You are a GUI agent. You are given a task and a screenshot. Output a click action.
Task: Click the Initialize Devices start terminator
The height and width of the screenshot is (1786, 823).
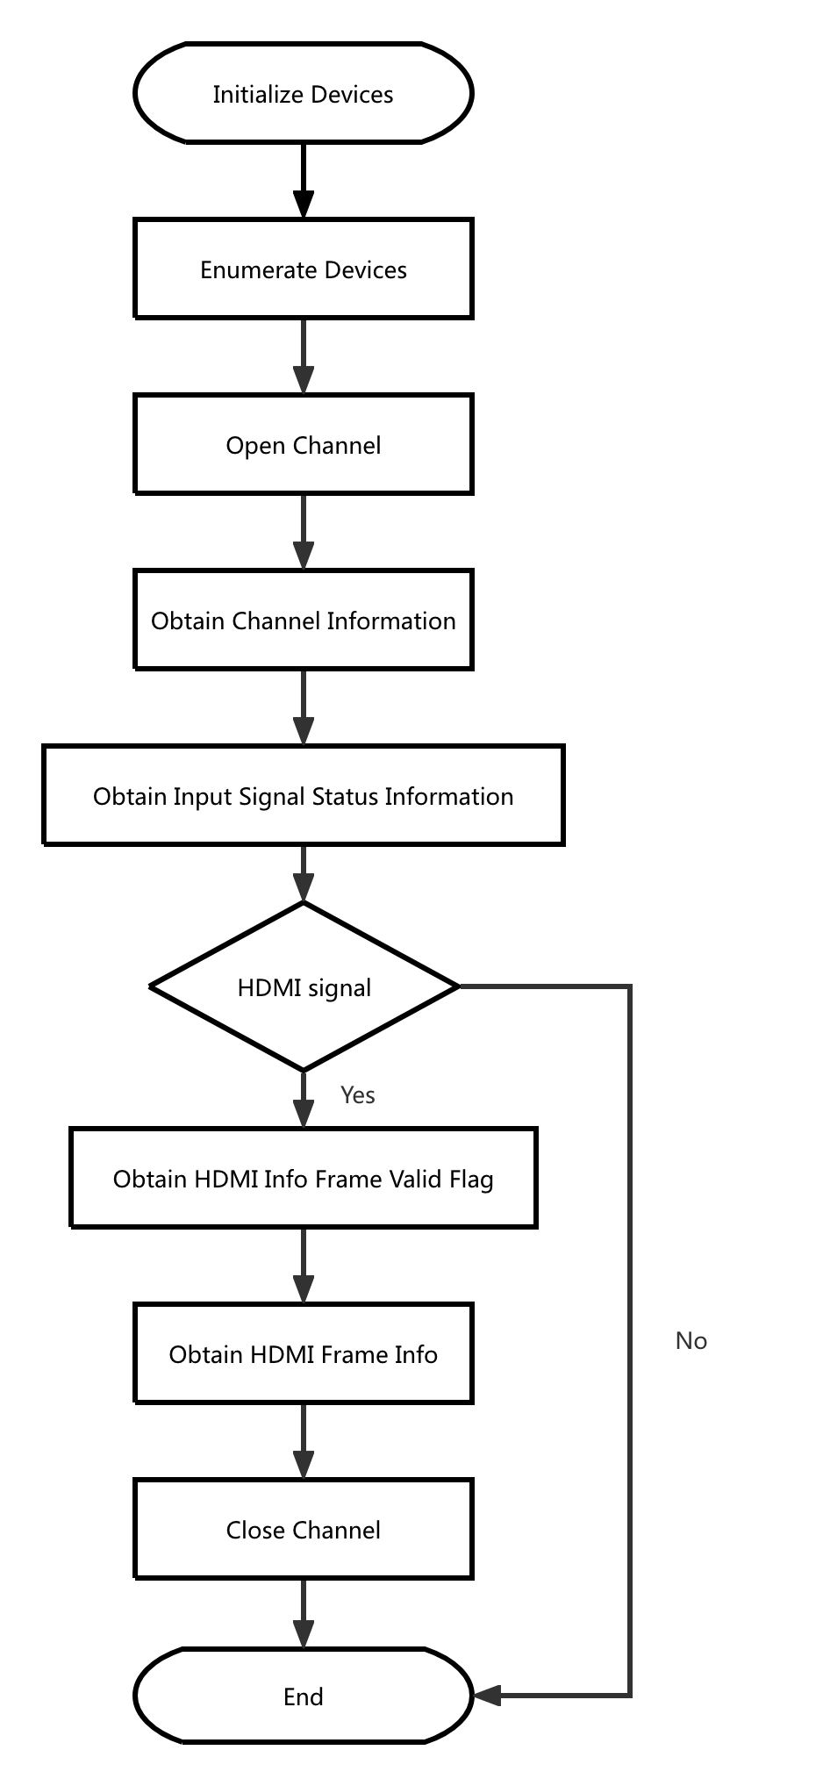click(x=303, y=93)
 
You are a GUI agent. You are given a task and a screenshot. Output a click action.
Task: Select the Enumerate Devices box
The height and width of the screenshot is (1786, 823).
click(x=303, y=269)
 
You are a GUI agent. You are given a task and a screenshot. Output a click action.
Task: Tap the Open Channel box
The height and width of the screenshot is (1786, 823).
click(x=303, y=444)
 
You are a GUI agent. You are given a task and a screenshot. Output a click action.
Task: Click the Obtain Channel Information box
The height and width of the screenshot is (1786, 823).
click(x=303, y=620)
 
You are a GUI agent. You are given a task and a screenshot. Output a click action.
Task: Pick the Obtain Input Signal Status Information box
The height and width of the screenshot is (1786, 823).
click(x=303, y=795)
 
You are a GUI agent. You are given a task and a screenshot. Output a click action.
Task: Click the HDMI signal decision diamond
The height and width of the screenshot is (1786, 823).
click(x=304, y=986)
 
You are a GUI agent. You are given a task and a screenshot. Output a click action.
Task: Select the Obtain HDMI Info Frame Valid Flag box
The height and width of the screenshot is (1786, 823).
click(x=303, y=1178)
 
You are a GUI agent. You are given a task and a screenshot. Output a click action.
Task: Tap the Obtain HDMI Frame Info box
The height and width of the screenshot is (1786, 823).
click(x=303, y=1353)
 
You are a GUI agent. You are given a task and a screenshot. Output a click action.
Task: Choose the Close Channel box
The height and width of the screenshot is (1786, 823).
click(x=303, y=1529)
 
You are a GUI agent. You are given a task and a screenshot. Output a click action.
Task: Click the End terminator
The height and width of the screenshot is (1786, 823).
click(x=303, y=1696)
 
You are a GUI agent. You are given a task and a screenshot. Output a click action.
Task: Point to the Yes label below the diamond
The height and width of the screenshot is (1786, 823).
click(x=357, y=1094)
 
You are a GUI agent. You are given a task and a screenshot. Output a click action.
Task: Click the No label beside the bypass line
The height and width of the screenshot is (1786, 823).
click(x=691, y=1340)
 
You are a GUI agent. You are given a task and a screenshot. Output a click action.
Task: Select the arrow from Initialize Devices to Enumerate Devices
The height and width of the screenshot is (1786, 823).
click(x=303, y=180)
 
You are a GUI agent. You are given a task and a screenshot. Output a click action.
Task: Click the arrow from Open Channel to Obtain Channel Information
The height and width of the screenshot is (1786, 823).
click(x=303, y=531)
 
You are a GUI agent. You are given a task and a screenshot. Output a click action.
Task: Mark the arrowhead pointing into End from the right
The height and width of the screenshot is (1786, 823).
click(x=488, y=1695)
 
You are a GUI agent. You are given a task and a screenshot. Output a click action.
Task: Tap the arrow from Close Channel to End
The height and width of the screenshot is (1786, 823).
click(x=303, y=1613)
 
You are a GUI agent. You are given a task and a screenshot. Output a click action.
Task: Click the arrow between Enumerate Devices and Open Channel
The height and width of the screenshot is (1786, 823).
click(x=303, y=355)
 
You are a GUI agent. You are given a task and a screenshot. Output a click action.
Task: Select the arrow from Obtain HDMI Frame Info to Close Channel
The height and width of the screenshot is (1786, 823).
click(x=303, y=1440)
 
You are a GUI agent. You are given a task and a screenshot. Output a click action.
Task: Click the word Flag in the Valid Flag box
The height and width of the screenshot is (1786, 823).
click(x=471, y=1179)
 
